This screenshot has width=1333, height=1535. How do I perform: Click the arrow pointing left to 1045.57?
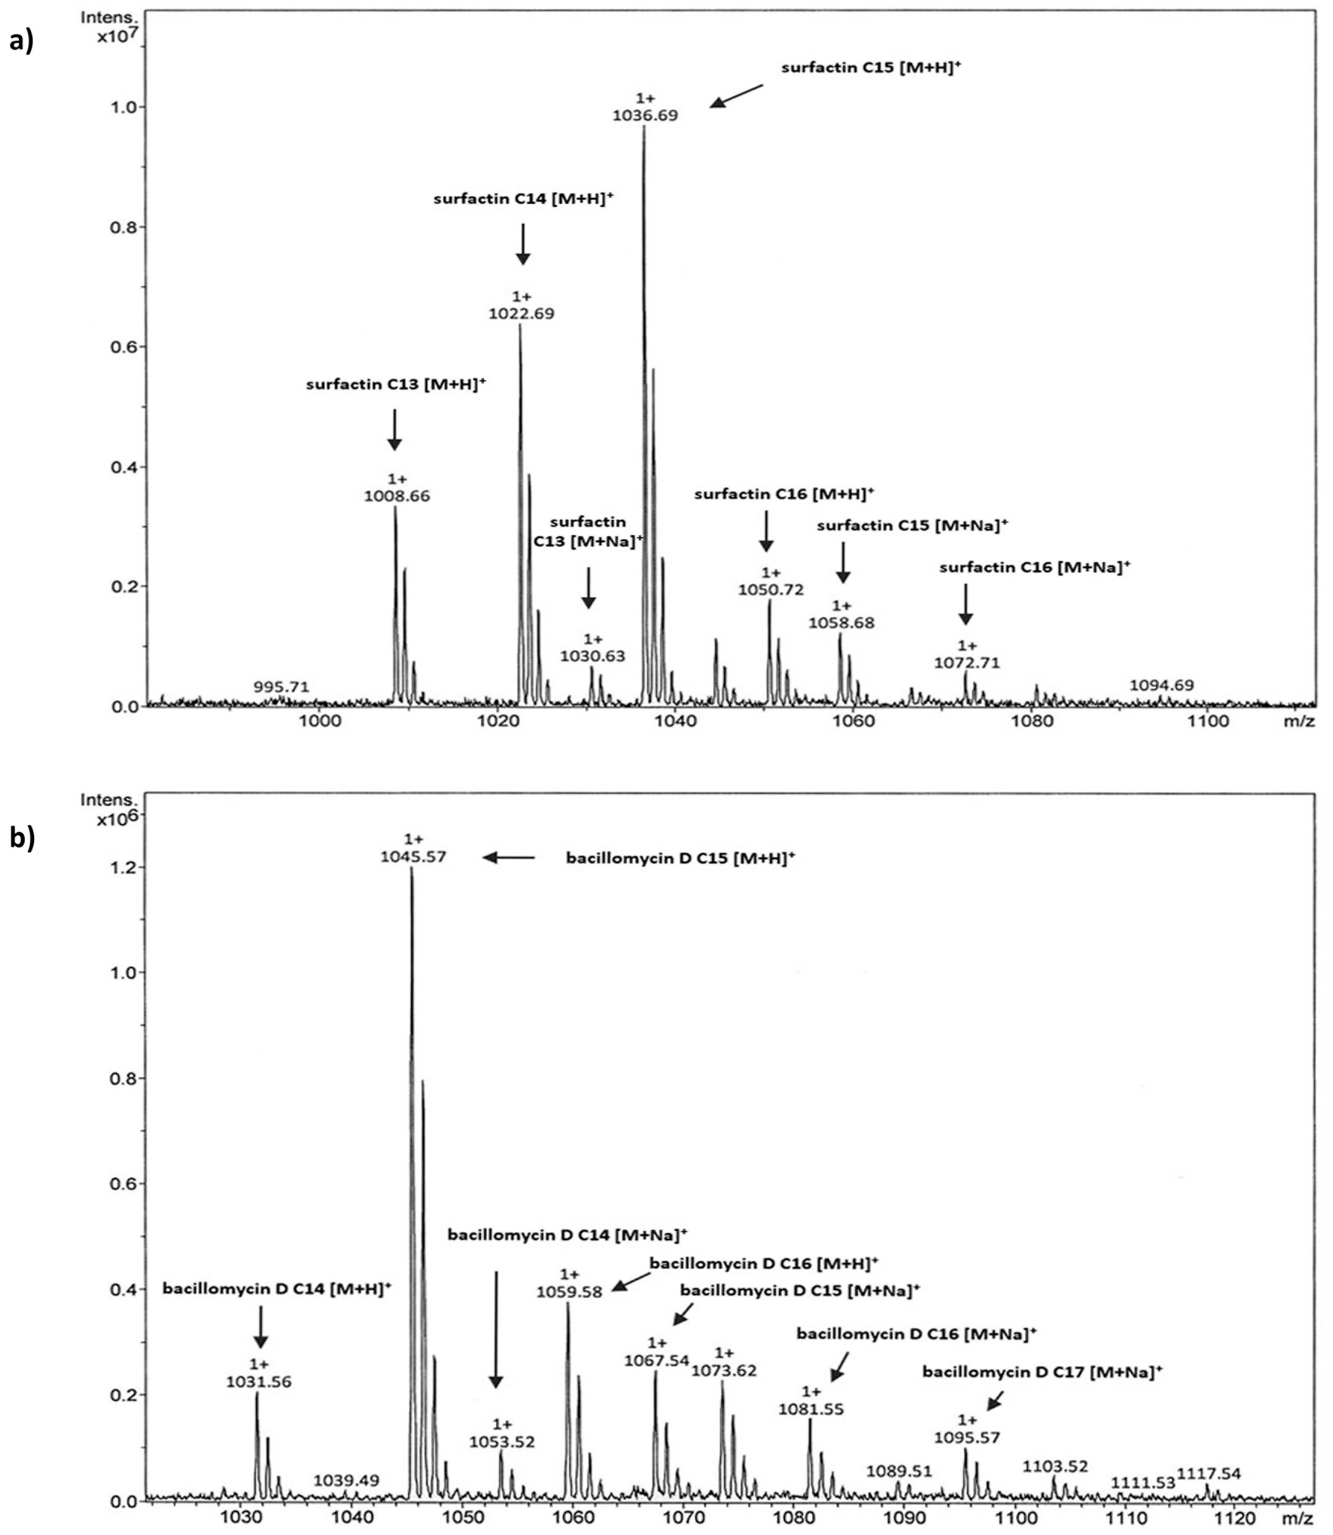point(509,857)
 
